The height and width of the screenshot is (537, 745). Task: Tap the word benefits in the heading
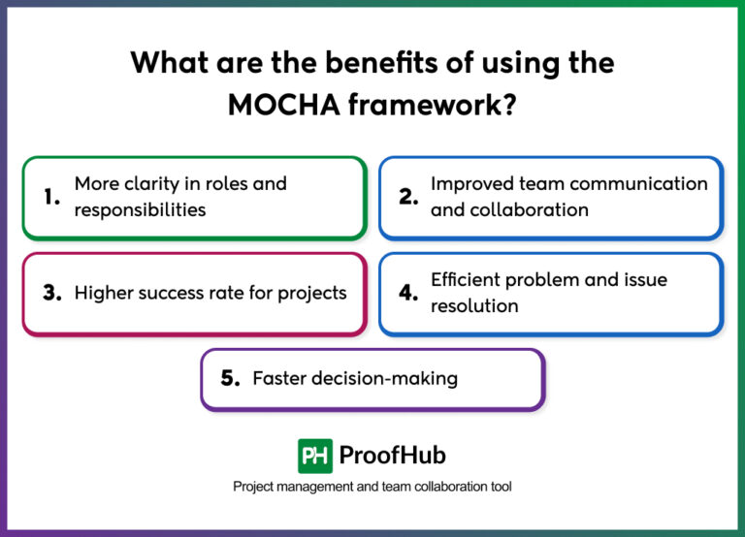(321, 63)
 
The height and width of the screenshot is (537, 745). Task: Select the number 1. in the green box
(52, 196)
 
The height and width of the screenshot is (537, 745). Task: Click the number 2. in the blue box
(408, 196)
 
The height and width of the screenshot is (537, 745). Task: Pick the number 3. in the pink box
(52, 293)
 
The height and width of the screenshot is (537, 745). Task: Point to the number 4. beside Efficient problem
(408, 293)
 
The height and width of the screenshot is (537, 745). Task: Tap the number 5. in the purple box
(230, 378)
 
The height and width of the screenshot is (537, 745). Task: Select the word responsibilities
(140, 209)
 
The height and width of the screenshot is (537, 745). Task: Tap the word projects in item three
(312, 293)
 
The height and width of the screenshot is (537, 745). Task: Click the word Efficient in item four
(470, 280)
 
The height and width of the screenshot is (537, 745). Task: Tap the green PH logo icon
(314, 455)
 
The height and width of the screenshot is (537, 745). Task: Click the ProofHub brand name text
(393, 455)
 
